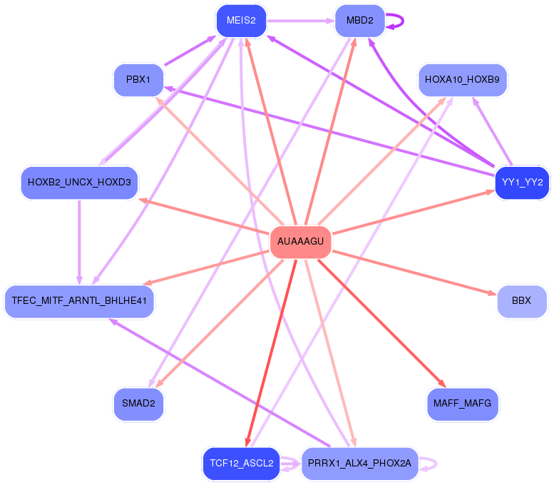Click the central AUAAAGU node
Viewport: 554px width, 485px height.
coord(300,242)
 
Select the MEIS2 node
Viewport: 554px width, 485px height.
coord(241,20)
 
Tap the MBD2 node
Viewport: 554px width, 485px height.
coord(359,20)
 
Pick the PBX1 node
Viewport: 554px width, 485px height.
coord(138,79)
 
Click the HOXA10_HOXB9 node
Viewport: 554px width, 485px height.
coord(462,79)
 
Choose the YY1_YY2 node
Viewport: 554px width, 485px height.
coord(522,182)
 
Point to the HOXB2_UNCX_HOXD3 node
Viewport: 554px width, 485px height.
coord(79,182)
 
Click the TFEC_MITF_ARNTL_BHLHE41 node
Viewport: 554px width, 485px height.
coord(79,301)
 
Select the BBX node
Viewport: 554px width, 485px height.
coord(522,301)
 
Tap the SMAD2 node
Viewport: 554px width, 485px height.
coord(138,404)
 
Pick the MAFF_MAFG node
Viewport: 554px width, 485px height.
coord(462,404)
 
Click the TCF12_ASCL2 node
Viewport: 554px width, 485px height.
coord(241,464)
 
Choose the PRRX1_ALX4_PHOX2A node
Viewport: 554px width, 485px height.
coord(359,464)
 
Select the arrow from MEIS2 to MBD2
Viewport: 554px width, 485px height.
coord(299,20)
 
